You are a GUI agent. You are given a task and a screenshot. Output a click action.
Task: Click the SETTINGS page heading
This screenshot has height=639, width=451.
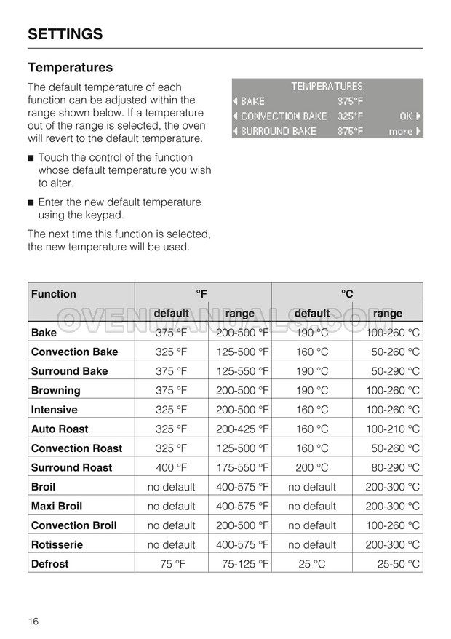[65, 33]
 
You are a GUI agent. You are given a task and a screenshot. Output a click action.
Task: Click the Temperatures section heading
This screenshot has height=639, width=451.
[71, 68]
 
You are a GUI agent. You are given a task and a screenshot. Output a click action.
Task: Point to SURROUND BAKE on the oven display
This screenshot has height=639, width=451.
[278, 132]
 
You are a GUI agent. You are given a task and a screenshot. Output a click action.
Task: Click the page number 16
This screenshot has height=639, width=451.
[33, 621]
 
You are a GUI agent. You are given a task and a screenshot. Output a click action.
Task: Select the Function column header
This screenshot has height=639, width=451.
[54, 294]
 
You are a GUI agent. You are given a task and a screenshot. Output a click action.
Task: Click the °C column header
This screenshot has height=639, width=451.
[347, 294]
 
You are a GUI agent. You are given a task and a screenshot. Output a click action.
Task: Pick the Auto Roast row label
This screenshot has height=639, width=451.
[60, 429]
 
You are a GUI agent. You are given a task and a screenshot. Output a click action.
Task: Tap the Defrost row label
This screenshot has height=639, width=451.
[50, 564]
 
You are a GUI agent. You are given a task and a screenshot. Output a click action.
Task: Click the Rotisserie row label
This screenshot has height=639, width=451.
[57, 544]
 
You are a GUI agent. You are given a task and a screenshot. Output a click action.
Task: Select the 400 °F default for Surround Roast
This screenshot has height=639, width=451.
[171, 468]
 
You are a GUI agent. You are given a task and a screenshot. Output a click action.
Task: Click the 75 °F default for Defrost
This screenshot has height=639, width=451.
[171, 564]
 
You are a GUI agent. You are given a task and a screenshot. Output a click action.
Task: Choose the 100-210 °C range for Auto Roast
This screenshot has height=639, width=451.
[392, 429]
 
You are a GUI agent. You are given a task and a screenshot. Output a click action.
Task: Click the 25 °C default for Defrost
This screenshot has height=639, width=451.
[312, 564]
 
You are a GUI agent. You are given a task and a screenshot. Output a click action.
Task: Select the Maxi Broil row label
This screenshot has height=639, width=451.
[57, 506]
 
